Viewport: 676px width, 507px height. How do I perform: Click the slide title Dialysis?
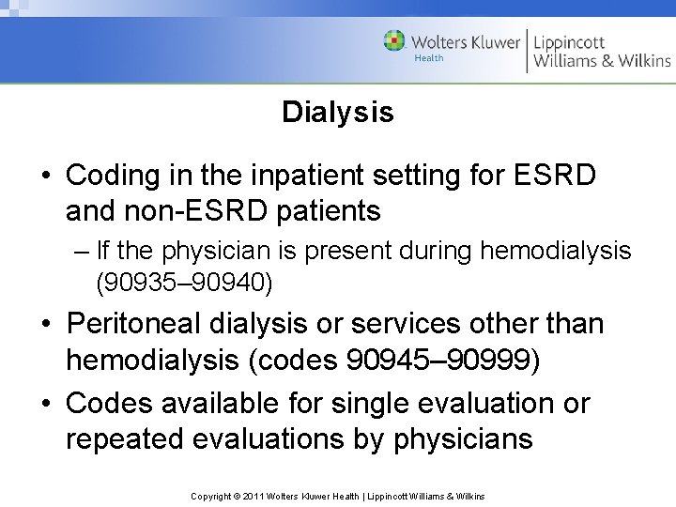tap(337, 114)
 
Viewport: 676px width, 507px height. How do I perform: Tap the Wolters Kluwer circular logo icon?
tap(395, 41)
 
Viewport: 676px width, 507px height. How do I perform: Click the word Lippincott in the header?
tap(570, 41)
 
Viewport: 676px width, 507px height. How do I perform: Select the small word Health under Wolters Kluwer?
tap(429, 58)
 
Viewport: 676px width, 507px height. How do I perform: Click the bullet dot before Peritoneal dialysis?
tap(47, 325)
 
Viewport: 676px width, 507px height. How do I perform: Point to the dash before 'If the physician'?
tap(77, 252)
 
